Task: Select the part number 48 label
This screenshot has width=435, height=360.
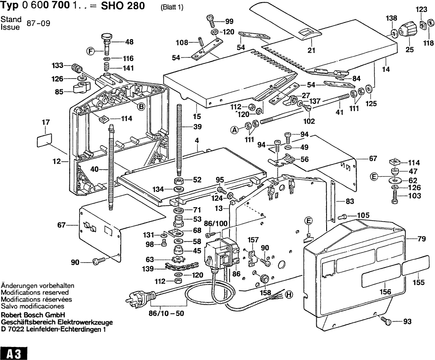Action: [130, 42]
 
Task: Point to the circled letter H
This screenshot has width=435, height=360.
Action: [289, 295]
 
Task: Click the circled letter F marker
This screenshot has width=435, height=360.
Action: [91, 51]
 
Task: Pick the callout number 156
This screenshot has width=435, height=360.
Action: [385, 292]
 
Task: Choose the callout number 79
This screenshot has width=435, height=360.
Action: [421, 239]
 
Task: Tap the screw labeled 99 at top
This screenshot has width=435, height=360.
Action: [211, 20]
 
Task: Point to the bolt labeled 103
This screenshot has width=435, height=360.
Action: [395, 196]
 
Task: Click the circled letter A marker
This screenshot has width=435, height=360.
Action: [234, 130]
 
